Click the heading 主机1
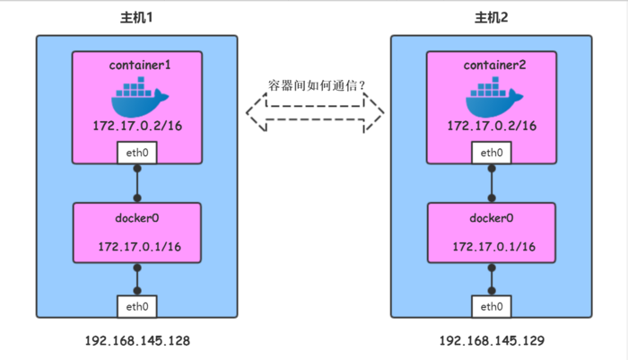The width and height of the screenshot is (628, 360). (137, 19)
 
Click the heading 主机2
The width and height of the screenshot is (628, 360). (491, 19)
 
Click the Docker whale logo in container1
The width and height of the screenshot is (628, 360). (137, 97)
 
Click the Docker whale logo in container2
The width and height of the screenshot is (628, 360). (491, 97)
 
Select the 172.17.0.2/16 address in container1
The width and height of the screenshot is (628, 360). (137, 127)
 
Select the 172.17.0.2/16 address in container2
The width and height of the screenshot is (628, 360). (491, 127)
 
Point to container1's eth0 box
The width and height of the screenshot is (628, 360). (137, 154)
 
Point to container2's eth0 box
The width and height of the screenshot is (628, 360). (491, 154)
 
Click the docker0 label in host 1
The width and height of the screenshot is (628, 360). (137, 218)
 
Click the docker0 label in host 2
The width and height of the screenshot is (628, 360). (491, 218)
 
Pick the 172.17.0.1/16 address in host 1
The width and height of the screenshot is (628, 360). (137, 246)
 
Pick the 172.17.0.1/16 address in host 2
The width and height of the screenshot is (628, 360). (491, 246)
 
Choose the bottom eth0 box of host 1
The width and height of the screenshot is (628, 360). (137, 306)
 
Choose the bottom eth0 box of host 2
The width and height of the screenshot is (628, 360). (491, 306)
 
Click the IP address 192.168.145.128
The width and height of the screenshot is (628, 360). (137, 342)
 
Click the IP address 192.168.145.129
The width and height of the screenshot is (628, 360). (491, 342)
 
